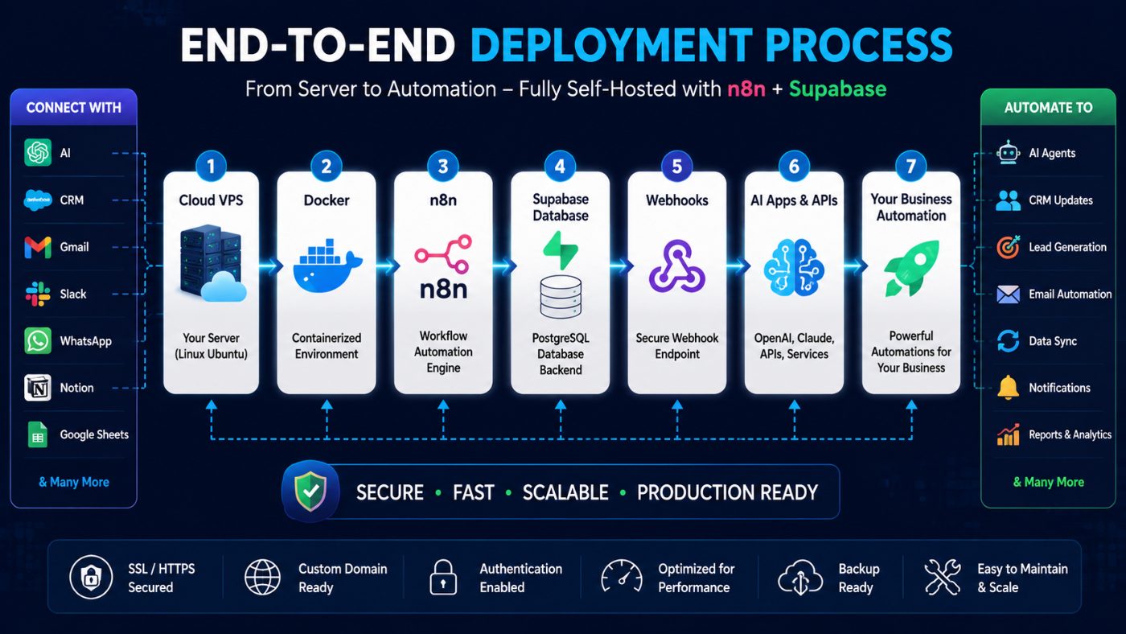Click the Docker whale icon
point(327,266)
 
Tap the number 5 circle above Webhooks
point(676,166)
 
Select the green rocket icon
point(910,267)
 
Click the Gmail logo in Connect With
point(38,247)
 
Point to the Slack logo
point(38,294)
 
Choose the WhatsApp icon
point(38,341)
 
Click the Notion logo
point(38,388)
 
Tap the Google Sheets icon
point(38,434)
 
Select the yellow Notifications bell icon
point(1008,388)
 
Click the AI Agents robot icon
point(1008,153)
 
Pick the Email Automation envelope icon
point(1008,294)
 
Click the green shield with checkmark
point(310,492)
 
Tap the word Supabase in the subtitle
point(837,89)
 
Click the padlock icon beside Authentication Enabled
point(443,577)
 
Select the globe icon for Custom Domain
point(262,577)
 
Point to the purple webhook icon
point(676,266)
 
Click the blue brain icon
point(794,267)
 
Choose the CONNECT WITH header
point(73,108)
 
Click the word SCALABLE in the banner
point(565,492)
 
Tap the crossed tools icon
point(942,577)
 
